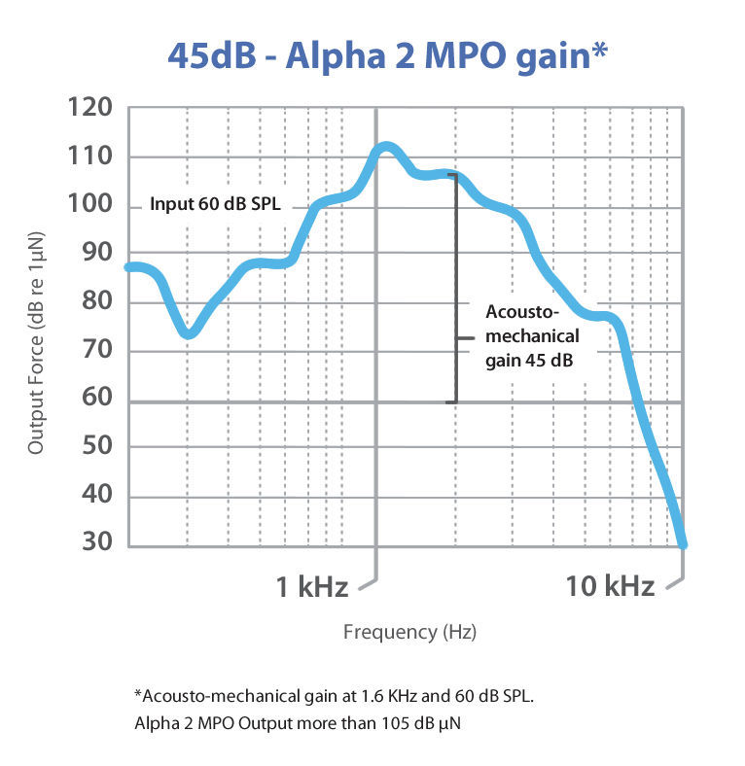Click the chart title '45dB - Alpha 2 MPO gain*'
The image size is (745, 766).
[388, 53]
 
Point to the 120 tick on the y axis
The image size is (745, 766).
[92, 108]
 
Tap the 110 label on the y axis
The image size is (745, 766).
[92, 157]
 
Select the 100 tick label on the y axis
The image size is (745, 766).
[92, 207]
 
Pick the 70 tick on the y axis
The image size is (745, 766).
[99, 351]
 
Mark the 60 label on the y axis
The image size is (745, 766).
[99, 399]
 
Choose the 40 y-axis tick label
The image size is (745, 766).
[99, 496]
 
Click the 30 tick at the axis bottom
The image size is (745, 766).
[99, 544]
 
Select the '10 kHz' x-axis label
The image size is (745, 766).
[610, 586]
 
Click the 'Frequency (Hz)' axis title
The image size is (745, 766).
[409, 633]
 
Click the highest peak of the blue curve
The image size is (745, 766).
[386, 147]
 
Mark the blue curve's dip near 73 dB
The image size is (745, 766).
[190, 333]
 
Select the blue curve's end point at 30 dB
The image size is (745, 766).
[683, 544]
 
